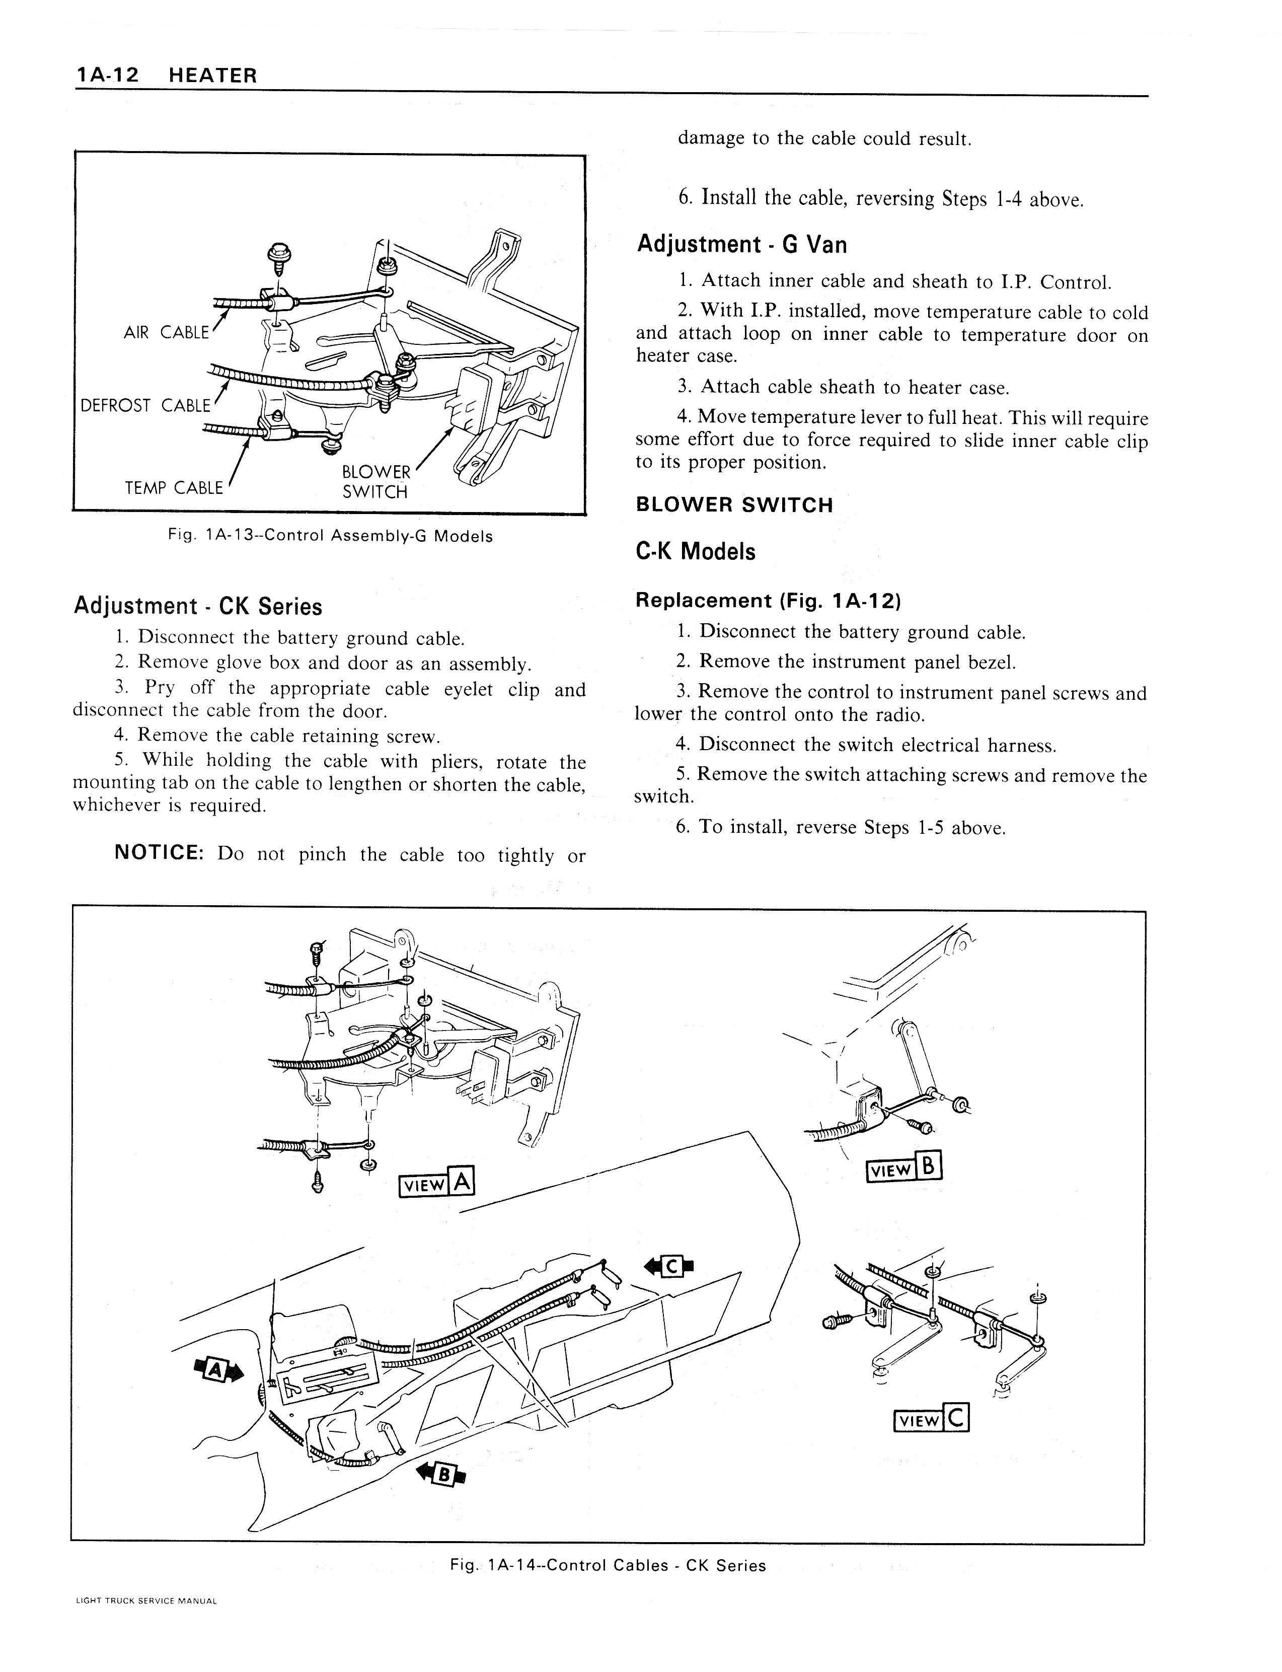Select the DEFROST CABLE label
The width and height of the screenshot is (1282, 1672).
tap(145, 405)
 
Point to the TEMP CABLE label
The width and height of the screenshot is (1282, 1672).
tap(174, 488)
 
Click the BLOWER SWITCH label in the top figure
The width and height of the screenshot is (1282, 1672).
tap(375, 481)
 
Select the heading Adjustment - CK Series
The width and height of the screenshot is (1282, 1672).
tap(198, 606)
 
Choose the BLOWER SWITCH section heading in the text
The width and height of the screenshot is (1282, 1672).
tap(734, 504)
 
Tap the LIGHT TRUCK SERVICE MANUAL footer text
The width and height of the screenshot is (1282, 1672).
tap(146, 1622)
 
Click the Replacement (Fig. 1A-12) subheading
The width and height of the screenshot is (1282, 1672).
tap(768, 601)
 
